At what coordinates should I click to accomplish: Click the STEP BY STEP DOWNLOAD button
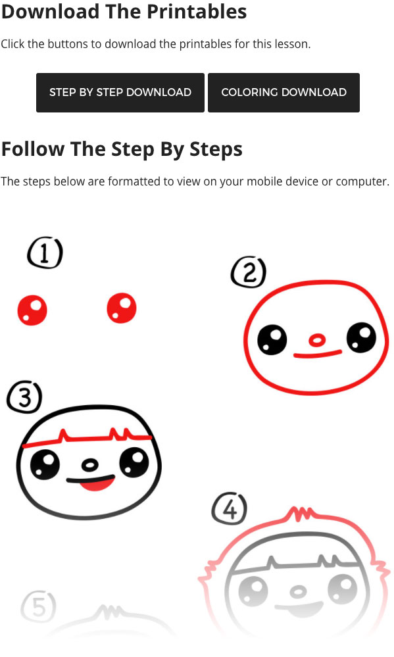[120, 93]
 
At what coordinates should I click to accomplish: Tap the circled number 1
[45, 253]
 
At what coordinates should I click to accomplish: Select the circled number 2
[249, 272]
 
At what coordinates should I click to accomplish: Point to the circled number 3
[24, 397]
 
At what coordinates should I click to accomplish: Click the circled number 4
[230, 508]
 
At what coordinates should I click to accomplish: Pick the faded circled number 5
[38, 606]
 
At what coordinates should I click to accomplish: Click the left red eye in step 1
[32, 310]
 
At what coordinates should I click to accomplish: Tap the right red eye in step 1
[122, 308]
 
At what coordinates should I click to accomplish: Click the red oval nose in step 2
[317, 340]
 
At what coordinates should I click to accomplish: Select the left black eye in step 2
[272, 340]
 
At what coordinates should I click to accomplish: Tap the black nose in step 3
[89, 465]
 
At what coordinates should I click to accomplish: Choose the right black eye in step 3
[134, 462]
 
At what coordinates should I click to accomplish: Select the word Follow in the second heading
[33, 149]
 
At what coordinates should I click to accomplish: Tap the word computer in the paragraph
[362, 182]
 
